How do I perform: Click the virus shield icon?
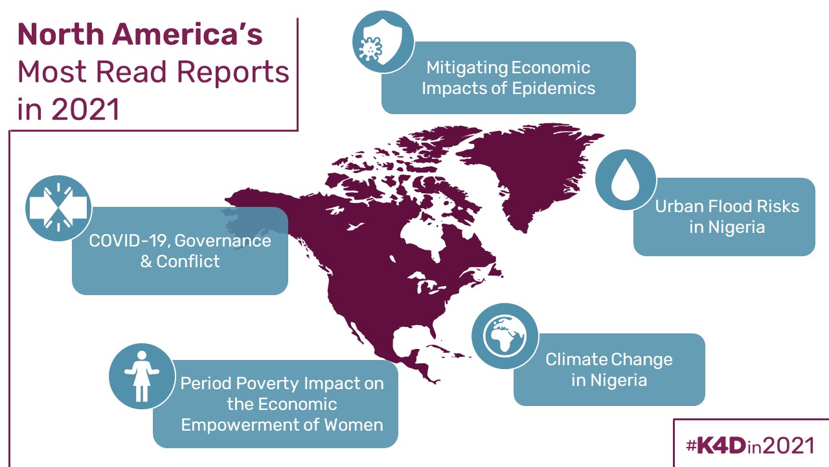(383, 42)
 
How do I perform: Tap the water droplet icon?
(626, 180)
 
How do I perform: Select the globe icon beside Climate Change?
(505, 336)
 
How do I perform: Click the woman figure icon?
(142, 376)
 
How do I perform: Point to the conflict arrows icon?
(58, 208)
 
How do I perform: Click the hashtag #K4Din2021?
(751, 446)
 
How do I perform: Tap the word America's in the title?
(187, 34)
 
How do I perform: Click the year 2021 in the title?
(85, 109)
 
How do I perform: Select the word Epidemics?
(554, 89)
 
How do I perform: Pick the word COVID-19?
(130, 241)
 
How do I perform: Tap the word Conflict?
(188, 261)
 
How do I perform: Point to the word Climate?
(575, 359)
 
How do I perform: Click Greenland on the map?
(529, 171)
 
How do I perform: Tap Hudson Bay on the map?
(424, 237)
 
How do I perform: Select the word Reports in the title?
(233, 72)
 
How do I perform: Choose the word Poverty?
(264, 383)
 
